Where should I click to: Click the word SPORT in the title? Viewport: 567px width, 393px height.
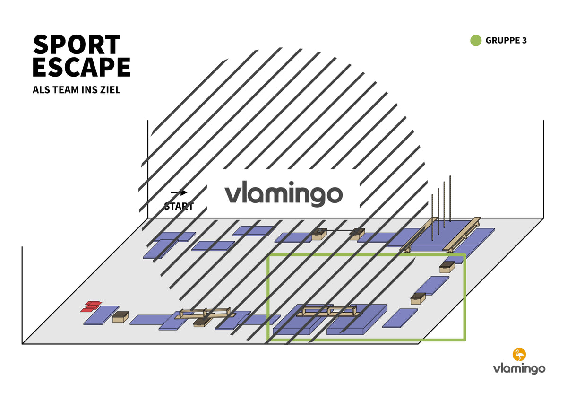click(x=77, y=44)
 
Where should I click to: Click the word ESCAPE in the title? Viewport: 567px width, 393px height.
click(x=81, y=67)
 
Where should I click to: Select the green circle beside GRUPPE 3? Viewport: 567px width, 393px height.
click(x=476, y=41)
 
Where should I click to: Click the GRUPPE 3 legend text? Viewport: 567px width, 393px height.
click(x=506, y=41)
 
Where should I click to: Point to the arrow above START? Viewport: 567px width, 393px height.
click(x=179, y=193)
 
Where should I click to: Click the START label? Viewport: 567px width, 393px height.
click(x=179, y=206)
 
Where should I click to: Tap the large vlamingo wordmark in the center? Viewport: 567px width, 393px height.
click(x=283, y=194)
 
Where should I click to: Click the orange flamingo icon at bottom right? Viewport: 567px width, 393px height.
click(x=519, y=355)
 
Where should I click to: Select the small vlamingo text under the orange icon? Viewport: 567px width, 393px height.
click(x=519, y=369)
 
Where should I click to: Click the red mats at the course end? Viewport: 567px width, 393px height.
click(x=91, y=306)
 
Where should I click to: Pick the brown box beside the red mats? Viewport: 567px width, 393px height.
click(x=120, y=317)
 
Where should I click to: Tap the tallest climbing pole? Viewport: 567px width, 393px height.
click(x=450, y=199)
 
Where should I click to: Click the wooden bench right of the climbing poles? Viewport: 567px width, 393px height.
click(x=462, y=235)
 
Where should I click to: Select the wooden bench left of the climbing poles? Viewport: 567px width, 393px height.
click(x=419, y=235)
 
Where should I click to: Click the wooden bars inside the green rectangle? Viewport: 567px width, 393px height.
click(x=329, y=311)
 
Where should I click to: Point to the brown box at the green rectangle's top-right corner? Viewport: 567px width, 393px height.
click(x=447, y=267)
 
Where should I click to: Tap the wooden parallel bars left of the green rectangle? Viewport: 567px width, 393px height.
click(x=205, y=314)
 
